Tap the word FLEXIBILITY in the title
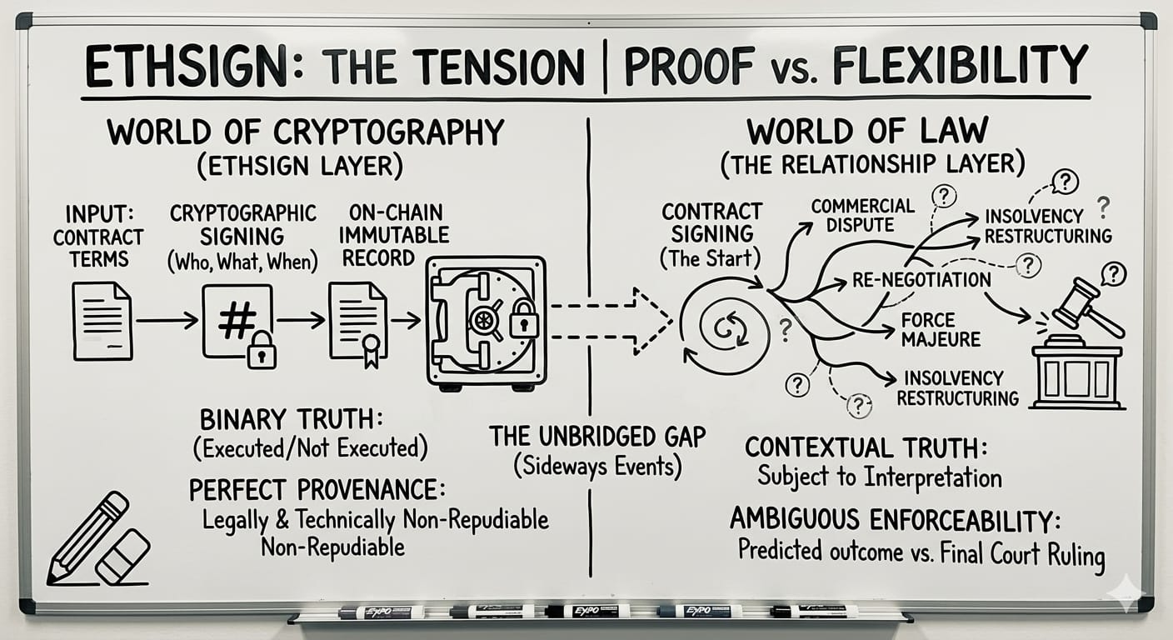[x=951, y=64]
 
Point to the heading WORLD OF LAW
[x=867, y=131]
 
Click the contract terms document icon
[x=102, y=321]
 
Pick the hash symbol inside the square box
[x=237, y=321]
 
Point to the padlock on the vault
[x=523, y=318]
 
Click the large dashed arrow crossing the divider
[x=611, y=321]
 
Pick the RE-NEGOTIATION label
[x=921, y=280]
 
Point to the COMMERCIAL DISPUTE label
[x=862, y=215]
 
